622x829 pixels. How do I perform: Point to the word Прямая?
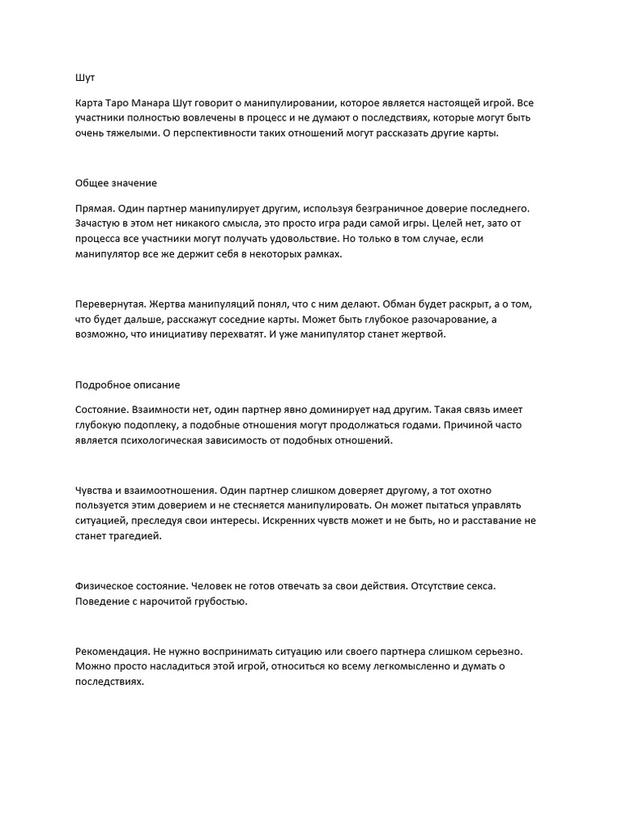96,209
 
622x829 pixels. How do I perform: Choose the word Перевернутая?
109,302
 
